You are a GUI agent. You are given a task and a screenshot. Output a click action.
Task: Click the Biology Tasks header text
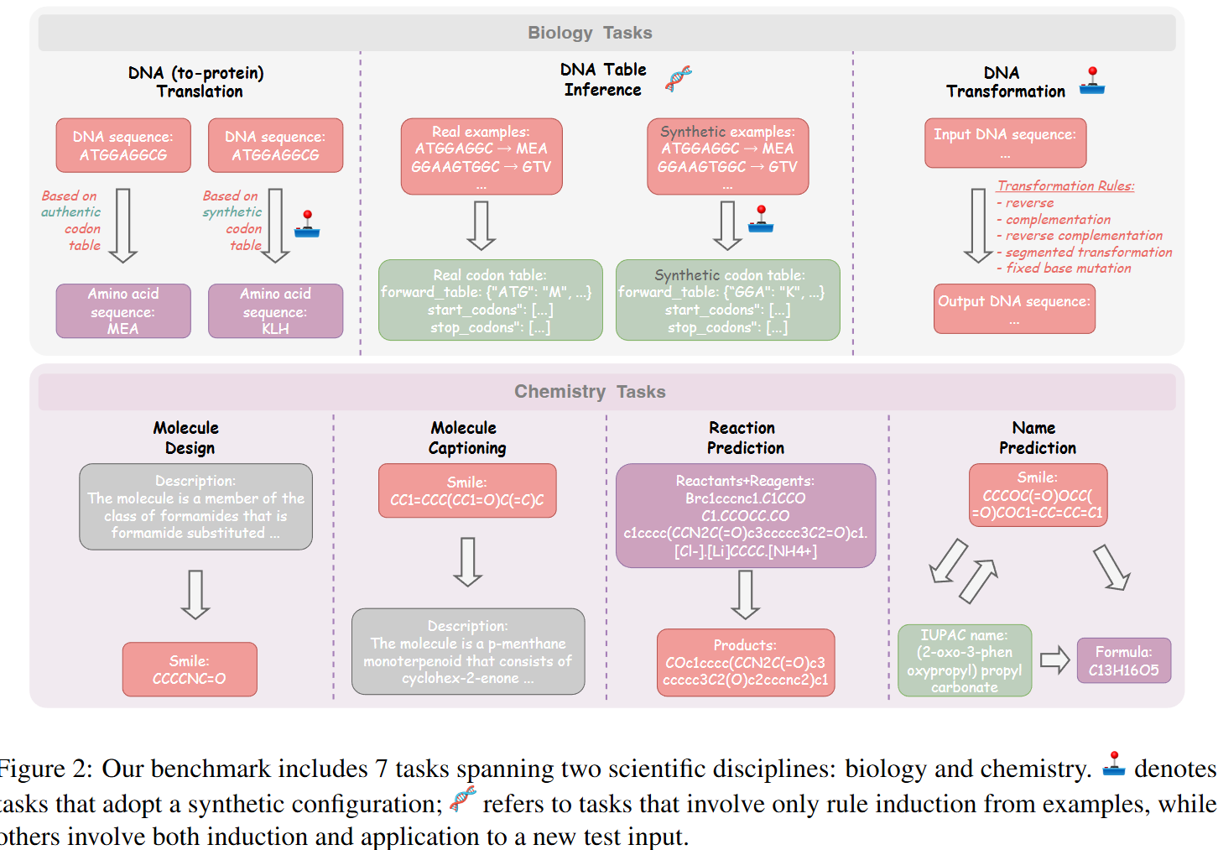pos(589,33)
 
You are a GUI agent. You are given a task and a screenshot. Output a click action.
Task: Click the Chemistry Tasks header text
pos(589,392)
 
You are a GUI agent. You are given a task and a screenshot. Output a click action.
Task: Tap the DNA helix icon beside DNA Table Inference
pos(679,79)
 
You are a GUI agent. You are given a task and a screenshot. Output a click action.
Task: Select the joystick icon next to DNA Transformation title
pos(1092,81)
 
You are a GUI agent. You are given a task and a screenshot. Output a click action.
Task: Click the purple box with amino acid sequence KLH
pos(275,311)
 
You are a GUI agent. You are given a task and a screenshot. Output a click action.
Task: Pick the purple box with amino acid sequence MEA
pos(123,311)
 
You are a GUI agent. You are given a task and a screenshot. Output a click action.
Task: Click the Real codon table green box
pos(490,300)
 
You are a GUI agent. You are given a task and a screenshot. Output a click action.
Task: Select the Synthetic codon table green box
pos(727,300)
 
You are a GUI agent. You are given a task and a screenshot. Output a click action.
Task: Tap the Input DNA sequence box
pos(1005,143)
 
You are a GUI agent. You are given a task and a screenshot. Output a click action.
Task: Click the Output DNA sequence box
pos(1014,309)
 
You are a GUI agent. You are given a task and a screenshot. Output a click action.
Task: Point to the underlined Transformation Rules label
pos(1065,186)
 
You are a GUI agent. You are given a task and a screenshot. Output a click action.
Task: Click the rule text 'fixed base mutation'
pos(1068,269)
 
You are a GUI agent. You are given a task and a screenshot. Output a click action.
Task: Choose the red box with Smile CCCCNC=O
pos(190,670)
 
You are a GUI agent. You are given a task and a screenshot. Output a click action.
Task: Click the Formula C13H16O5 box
pos(1123,660)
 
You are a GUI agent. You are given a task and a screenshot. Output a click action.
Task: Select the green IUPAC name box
pos(965,660)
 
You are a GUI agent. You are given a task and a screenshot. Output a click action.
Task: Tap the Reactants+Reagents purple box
pos(745,515)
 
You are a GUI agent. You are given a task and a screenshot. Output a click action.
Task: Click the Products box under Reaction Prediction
pos(745,662)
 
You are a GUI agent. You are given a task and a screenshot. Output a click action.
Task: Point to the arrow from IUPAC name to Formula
pos(1054,660)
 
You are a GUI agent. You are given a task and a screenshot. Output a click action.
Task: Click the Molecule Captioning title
pos(466,438)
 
